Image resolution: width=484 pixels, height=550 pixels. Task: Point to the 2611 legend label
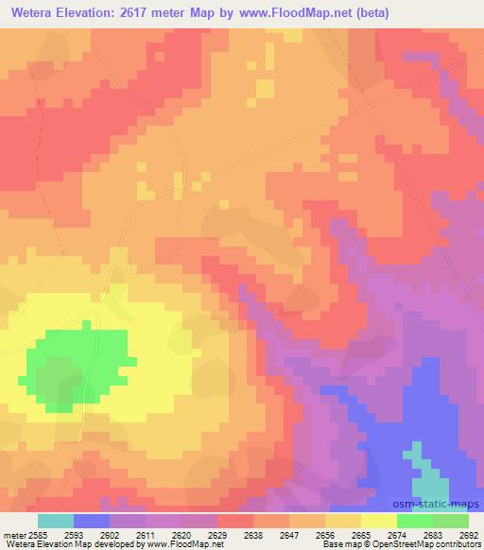coord(145,534)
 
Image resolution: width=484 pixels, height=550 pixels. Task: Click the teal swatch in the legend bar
coord(56,521)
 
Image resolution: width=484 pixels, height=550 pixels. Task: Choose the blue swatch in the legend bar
coord(92,521)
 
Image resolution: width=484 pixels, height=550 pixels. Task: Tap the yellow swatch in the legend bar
coord(379,521)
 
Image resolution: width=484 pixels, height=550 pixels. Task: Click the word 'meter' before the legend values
coord(11,534)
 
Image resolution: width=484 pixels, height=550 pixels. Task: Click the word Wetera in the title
coord(29,13)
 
